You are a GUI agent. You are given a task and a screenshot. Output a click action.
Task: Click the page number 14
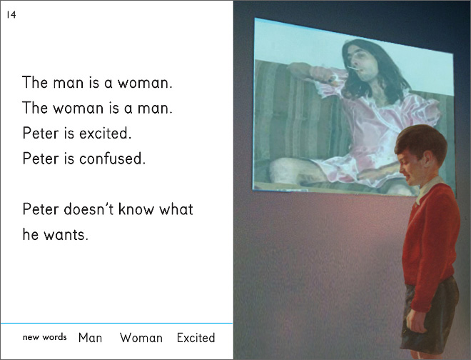11,14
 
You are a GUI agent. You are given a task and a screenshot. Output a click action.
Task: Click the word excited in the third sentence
106,133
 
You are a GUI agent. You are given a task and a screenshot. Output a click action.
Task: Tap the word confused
112,159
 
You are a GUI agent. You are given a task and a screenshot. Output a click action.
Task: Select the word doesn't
88,209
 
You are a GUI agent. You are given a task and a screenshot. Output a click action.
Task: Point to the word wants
66,235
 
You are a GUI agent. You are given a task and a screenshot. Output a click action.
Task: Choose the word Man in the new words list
90,338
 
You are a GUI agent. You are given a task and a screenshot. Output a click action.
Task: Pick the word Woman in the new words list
141,338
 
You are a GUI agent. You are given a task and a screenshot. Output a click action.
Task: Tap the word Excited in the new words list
196,338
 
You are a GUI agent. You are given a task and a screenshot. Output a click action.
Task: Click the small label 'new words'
45,337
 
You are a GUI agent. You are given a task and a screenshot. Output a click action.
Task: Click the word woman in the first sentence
145,83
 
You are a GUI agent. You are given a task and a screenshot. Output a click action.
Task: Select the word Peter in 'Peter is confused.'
41,159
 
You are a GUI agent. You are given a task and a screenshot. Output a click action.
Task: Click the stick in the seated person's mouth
353,68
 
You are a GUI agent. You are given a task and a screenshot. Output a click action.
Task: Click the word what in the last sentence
176,209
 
